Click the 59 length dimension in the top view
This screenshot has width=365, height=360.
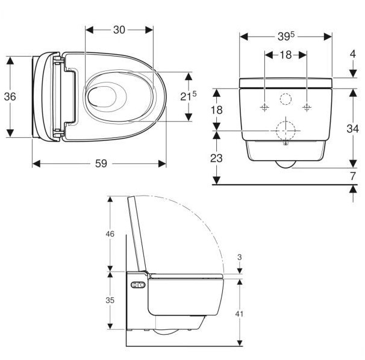101,163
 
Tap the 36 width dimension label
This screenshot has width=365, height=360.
10,96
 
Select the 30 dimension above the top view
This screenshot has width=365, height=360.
119,29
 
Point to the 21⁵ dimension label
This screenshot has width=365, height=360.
189,96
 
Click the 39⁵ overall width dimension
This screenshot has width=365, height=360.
286,36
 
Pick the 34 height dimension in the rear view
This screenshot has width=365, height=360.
353,128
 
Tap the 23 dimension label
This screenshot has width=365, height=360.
216,158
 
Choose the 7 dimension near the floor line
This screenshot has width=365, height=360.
353,176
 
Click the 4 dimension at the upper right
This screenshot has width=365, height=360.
353,54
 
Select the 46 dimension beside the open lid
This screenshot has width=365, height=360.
110,234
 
